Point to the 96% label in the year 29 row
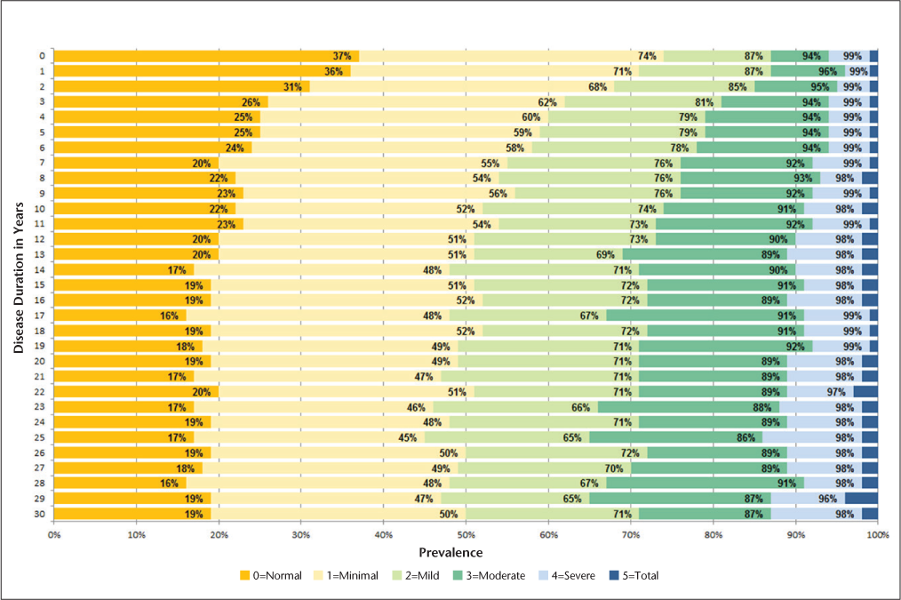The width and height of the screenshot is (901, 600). tap(828, 499)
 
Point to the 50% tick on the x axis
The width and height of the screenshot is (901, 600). tap(466, 534)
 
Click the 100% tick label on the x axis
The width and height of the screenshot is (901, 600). tap(878, 534)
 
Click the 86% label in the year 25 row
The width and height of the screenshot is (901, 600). tap(746, 437)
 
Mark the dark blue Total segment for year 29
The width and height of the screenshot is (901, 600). tap(861, 499)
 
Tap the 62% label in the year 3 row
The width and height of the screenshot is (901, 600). tap(546, 101)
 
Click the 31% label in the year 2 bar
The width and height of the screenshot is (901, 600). tap(292, 86)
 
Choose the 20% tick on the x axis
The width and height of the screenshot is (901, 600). tap(219, 534)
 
